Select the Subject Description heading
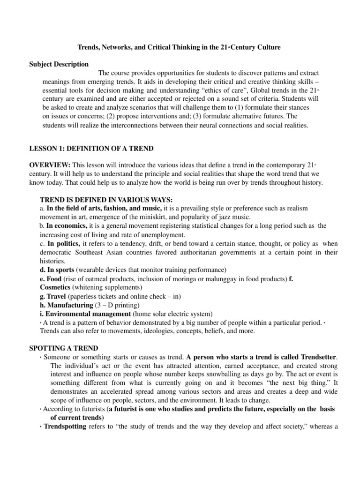tap(59, 64)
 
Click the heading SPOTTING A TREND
tap(64, 348)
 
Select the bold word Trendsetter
tap(316, 357)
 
